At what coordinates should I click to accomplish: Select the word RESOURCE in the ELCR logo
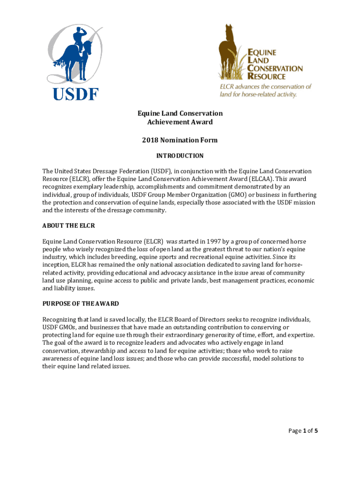tap(267, 76)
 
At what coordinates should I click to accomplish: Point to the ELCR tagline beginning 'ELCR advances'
tap(266, 90)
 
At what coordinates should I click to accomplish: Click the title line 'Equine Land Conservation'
tap(180, 114)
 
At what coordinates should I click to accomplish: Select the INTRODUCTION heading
tap(180, 156)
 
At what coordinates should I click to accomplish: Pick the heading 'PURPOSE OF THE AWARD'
tap(80, 304)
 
